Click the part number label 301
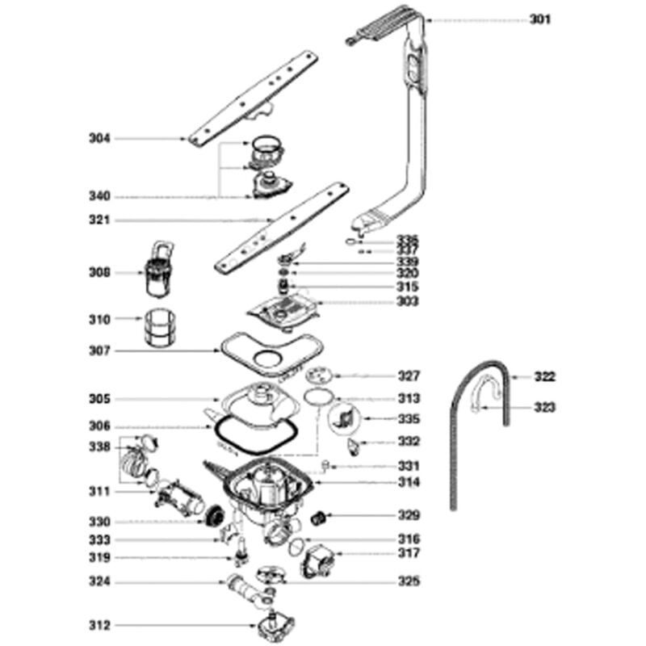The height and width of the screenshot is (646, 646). coord(539,19)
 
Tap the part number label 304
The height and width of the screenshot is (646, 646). coord(99,138)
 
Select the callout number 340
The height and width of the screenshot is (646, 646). coord(99,196)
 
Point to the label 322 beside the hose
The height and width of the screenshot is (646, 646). coord(544,376)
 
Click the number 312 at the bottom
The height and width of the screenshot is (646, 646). coord(99,625)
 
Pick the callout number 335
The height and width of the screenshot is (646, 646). coord(409,419)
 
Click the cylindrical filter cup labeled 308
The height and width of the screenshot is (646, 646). coord(158,269)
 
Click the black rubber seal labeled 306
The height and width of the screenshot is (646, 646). coord(255,435)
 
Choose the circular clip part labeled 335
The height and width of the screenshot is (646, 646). coord(345,419)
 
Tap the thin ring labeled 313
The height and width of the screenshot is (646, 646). coord(319,397)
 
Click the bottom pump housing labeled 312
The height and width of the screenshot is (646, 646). coord(275,627)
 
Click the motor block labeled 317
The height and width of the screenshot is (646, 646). coord(317,560)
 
